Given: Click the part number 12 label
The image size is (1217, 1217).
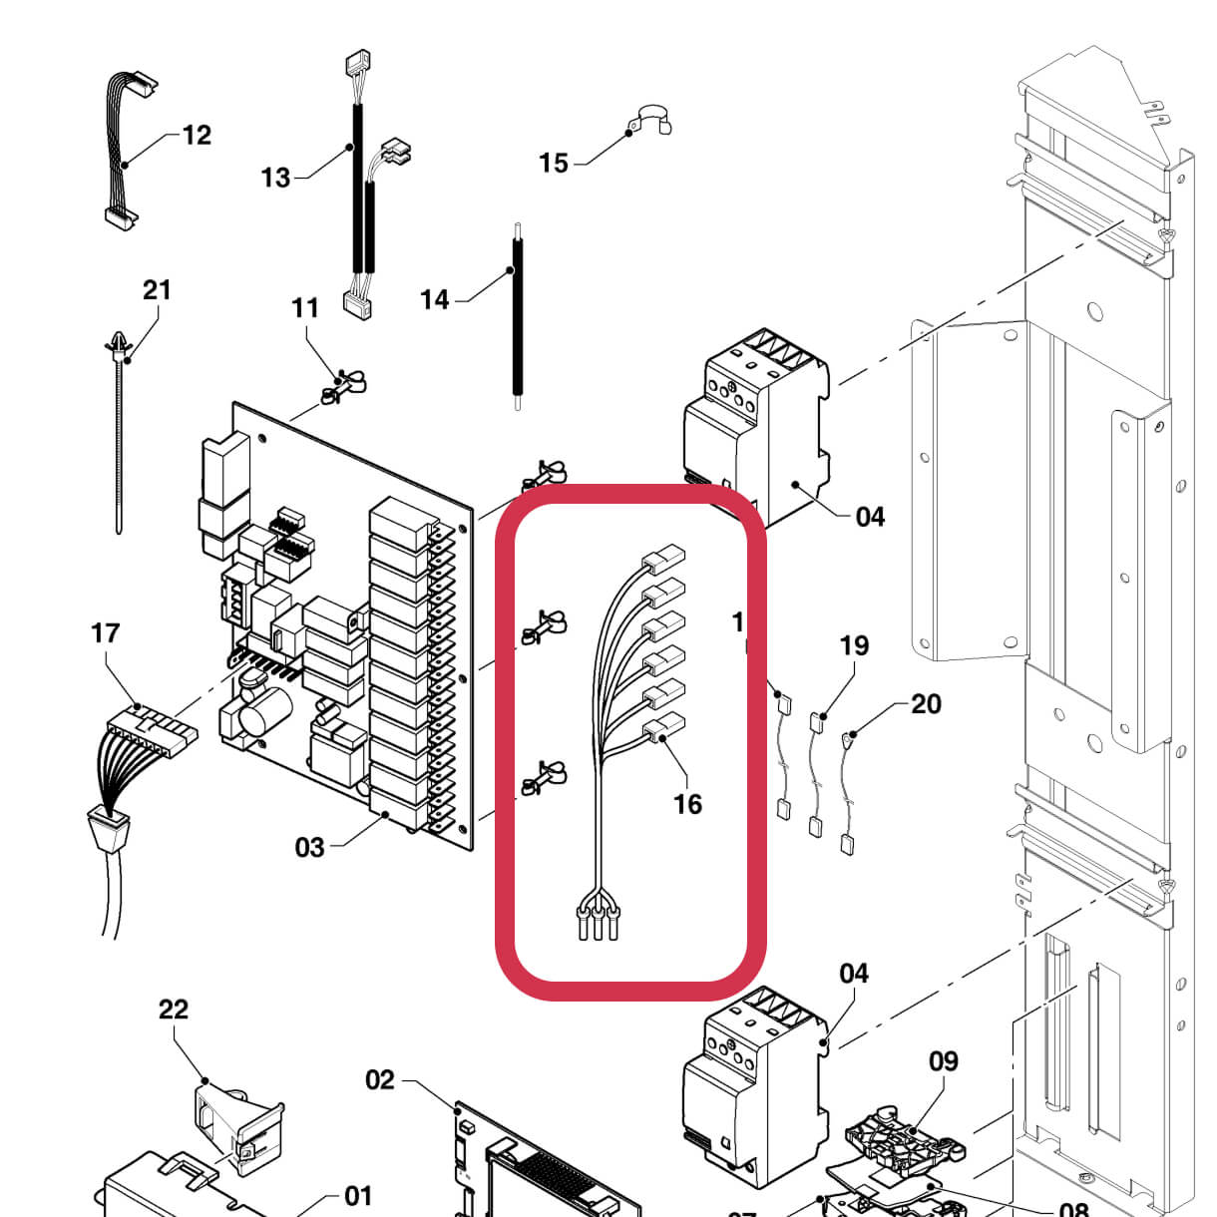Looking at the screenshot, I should (197, 135).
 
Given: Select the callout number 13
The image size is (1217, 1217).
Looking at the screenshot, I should (275, 178).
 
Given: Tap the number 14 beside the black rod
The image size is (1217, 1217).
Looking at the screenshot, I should (434, 298).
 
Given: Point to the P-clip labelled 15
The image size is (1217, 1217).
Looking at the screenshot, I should (648, 120).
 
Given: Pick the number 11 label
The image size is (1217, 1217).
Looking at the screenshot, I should (305, 307).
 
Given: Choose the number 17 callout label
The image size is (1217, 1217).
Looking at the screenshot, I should (105, 632).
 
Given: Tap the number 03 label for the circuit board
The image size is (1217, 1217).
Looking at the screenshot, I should (309, 847).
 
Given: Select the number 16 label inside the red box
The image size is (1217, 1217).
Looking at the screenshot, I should (687, 804).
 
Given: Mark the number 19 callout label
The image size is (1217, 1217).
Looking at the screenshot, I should (854, 645).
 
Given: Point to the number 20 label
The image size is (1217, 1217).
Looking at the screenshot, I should (926, 704).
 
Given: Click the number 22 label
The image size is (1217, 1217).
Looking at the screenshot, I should (173, 1009).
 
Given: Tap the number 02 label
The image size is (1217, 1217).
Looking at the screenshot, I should (379, 1079).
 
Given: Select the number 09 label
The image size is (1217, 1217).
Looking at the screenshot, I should (943, 1061).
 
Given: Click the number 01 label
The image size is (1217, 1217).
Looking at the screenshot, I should (357, 1195).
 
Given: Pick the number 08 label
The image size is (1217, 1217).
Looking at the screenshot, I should (1072, 1209).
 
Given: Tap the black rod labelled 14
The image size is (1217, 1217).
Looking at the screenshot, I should (517, 319).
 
